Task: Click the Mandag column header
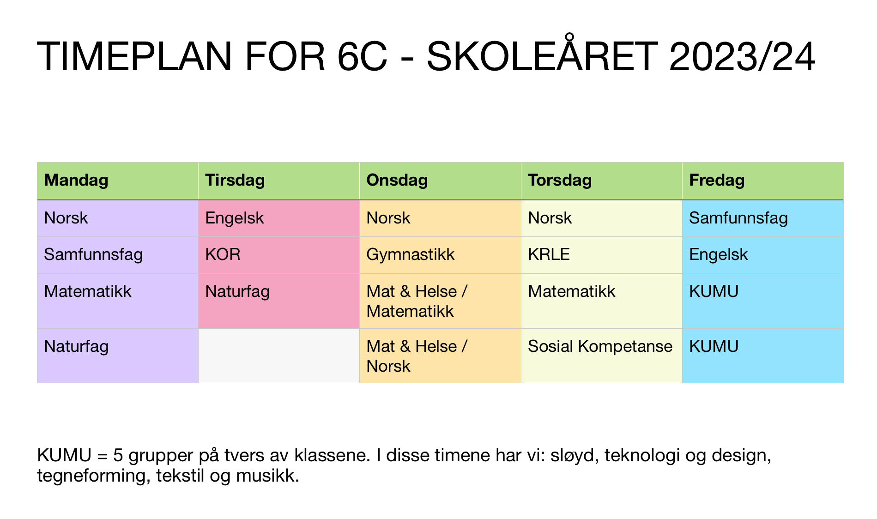click(x=76, y=180)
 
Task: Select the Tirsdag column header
click(x=235, y=180)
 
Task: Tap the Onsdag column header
click(x=397, y=180)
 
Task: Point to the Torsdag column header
click(x=560, y=180)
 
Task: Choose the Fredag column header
click(x=717, y=180)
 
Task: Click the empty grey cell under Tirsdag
click(x=279, y=356)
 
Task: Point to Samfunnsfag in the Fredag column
click(x=738, y=218)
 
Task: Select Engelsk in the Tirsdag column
click(x=235, y=218)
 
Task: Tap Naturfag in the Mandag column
click(x=76, y=346)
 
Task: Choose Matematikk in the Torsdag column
click(x=572, y=291)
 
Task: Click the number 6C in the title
click(x=363, y=57)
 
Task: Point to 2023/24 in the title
click(x=742, y=57)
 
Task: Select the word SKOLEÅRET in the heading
click(x=542, y=54)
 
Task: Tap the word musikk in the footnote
click(x=267, y=476)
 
